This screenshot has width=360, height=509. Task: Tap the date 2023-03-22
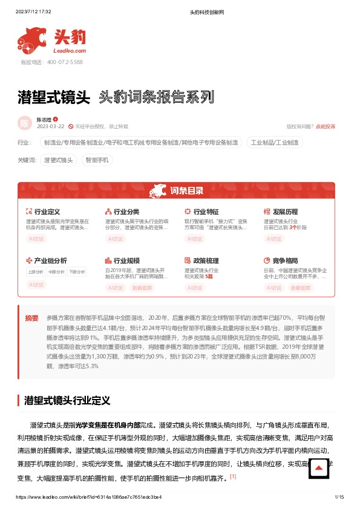coord(51,126)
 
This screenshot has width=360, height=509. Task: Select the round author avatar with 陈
coord(25,123)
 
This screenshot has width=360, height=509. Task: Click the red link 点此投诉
coord(326,126)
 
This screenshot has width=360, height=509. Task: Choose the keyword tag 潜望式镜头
coord(59,160)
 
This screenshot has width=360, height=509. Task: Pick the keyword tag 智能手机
coord(97,160)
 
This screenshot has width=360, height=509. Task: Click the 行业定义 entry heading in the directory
coord(47,212)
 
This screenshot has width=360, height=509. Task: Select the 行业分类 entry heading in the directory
coord(126,212)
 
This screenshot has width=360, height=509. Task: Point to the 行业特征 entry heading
coord(206,212)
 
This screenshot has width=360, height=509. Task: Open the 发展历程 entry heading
coord(285,212)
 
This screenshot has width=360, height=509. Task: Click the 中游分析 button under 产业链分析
coord(56,272)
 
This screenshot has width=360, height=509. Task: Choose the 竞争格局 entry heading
coord(285,261)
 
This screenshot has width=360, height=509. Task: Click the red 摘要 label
coord(31,318)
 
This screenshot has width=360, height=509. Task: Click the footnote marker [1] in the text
coord(232,476)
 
